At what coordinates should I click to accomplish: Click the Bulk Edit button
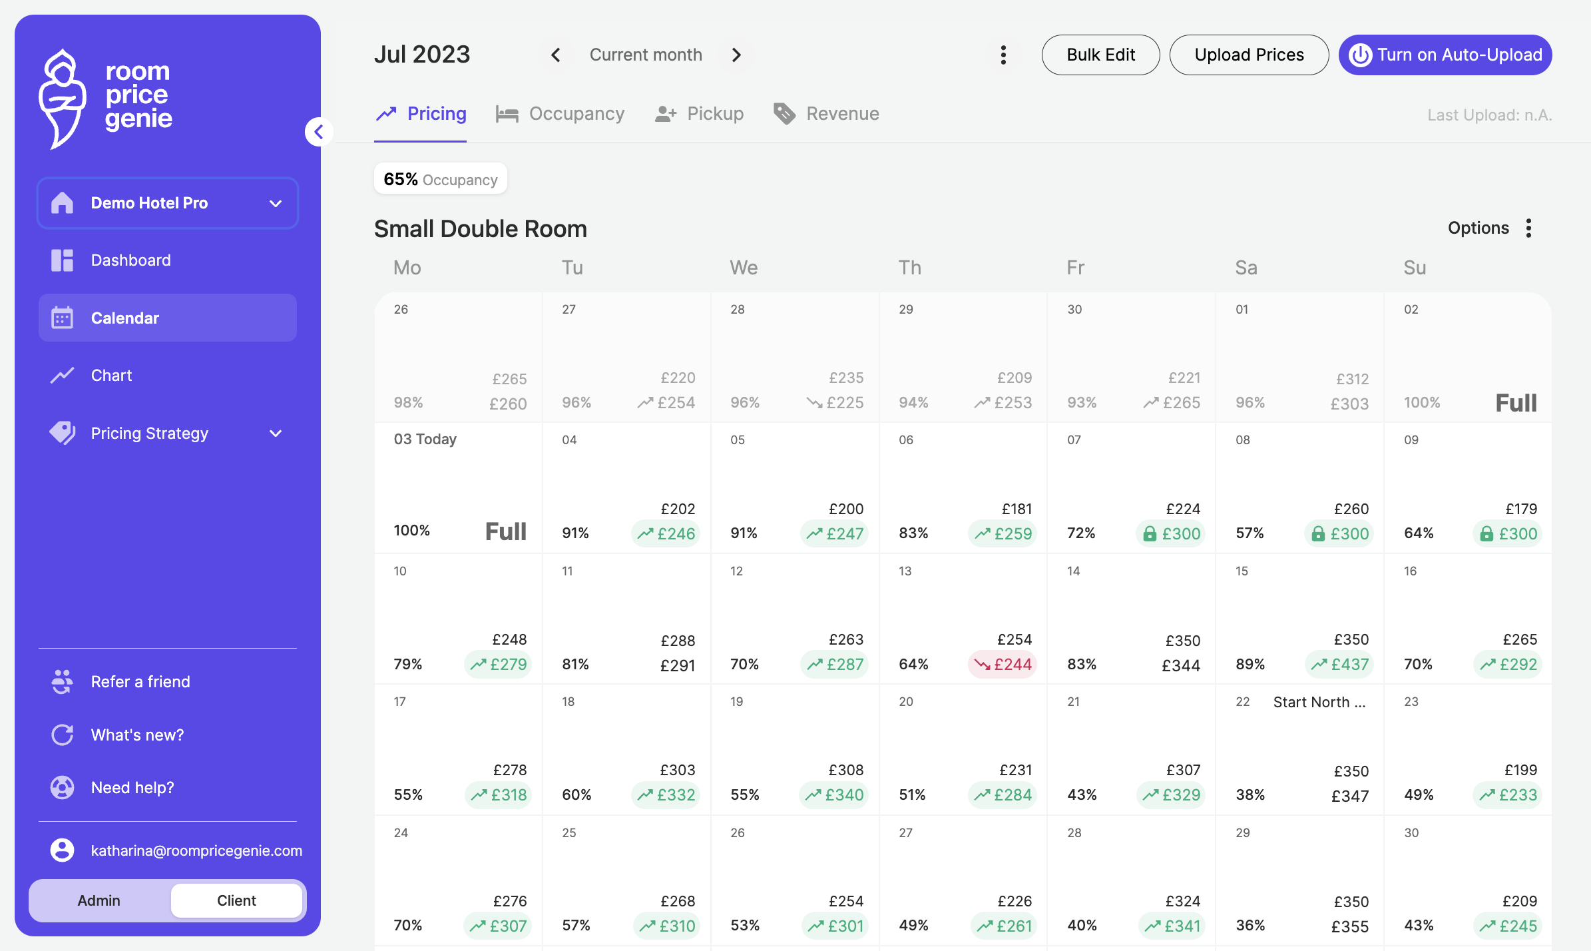(x=1100, y=55)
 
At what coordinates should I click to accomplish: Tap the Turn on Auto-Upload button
(x=1445, y=55)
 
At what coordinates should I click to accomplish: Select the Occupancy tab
(x=560, y=114)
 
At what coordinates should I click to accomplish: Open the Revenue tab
(x=826, y=114)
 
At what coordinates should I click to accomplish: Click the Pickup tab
(x=699, y=114)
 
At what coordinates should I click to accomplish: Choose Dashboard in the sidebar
(x=130, y=260)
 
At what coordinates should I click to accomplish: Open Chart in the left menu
(x=111, y=376)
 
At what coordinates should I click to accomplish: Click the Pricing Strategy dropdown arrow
(x=276, y=434)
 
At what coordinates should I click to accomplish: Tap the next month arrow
(x=736, y=55)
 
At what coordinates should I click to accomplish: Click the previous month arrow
(x=556, y=55)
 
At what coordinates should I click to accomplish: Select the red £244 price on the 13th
(x=1003, y=665)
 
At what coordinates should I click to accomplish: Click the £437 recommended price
(x=1339, y=665)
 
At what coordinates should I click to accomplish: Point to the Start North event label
(x=1319, y=702)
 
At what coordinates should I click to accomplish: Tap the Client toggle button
(x=236, y=900)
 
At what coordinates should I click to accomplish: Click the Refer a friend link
(x=140, y=682)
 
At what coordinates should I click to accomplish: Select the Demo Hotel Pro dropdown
(x=168, y=203)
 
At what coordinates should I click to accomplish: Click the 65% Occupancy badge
(x=441, y=179)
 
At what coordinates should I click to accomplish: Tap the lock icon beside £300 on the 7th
(x=1150, y=534)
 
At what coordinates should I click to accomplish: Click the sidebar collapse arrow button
(x=319, y=132)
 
